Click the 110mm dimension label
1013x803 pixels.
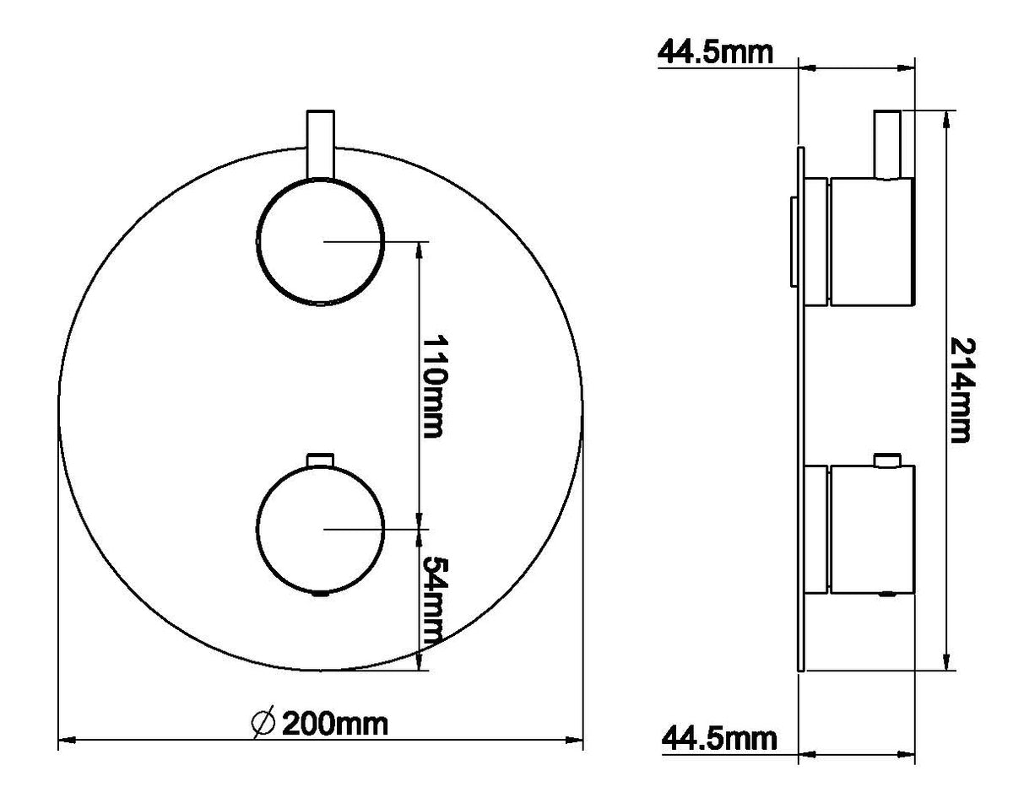(433, 386)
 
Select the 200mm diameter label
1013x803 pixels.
(334, 725)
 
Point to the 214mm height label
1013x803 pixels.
(962, 390)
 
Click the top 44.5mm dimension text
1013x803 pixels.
(714, 52)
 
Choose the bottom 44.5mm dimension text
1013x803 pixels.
(718, 740)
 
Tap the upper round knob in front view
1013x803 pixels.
(321, 242)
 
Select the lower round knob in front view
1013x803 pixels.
(321, 530)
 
